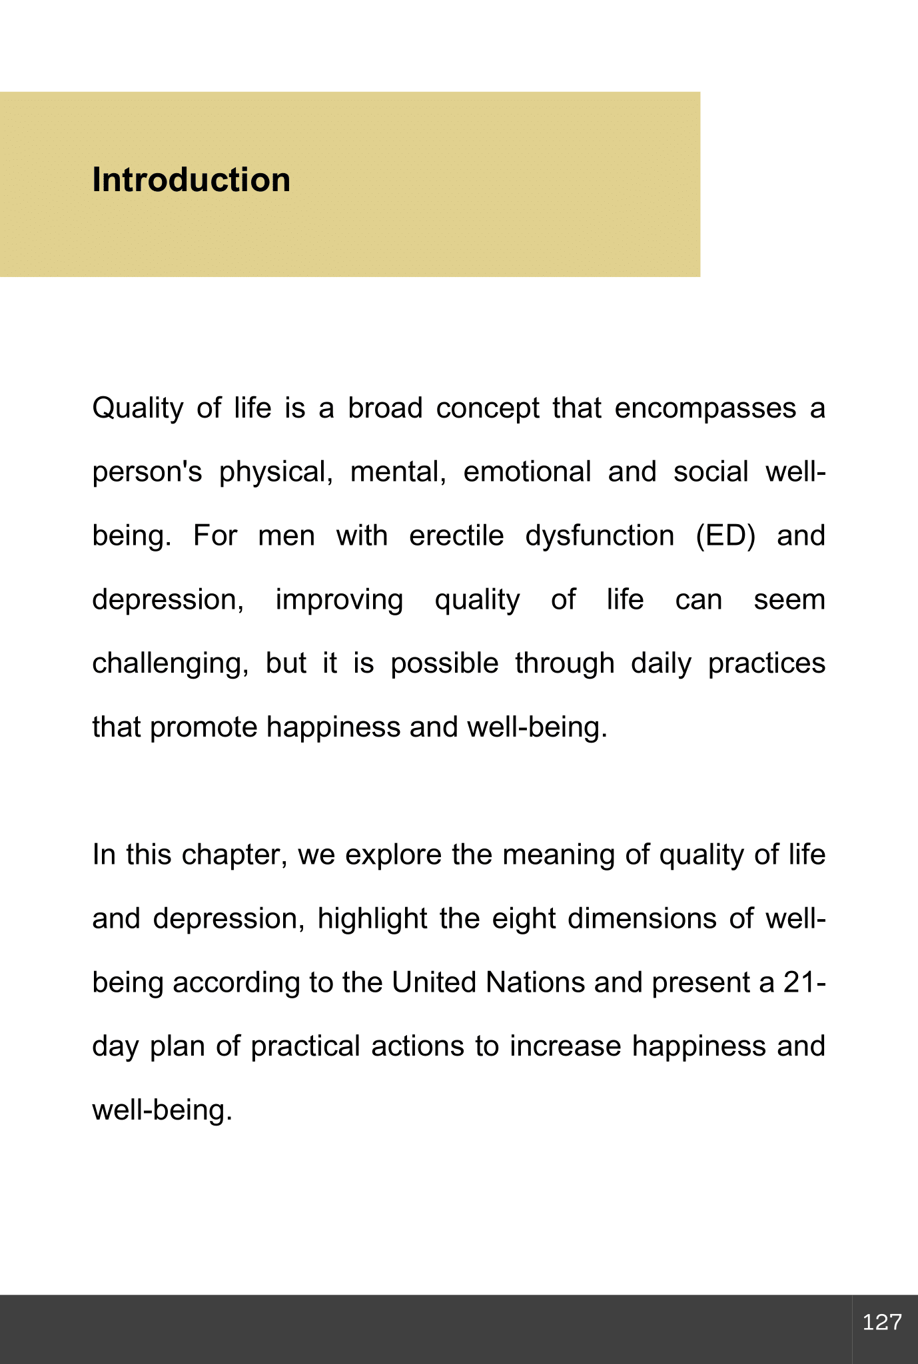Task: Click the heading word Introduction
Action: [x=191, y=180]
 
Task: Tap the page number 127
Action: [x=882, y=1322]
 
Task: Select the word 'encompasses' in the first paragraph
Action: [x=705, y=408]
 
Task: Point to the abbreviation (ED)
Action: [x=725, y=535]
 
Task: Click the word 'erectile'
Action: [x=456, y=535]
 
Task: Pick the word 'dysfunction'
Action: [x=600, y=535]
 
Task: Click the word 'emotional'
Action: [x=527, y=472]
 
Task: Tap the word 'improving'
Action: [x=339, y=599]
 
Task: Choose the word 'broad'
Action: [x=385, y=408]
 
